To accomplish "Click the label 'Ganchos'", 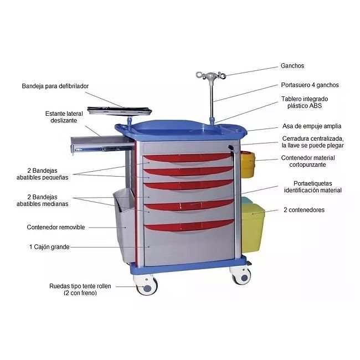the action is pos(292,66).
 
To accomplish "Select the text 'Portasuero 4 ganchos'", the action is pos(310,85).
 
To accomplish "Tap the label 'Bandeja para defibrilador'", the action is pos(55,86).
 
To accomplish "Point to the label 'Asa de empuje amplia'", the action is pos(312,126).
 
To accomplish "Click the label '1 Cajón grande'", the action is pos(49,247).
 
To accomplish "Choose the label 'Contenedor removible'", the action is pos(56,227).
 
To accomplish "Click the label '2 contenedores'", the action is pos(304,210).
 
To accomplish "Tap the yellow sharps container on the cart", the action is pos(248,164).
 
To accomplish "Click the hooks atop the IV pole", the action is pos(211,75).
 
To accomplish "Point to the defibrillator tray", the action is pos(120,111).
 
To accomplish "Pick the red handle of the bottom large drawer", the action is pos(189,225).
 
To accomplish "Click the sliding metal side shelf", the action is pos(102,143).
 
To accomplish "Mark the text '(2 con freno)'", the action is pos(80,293).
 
